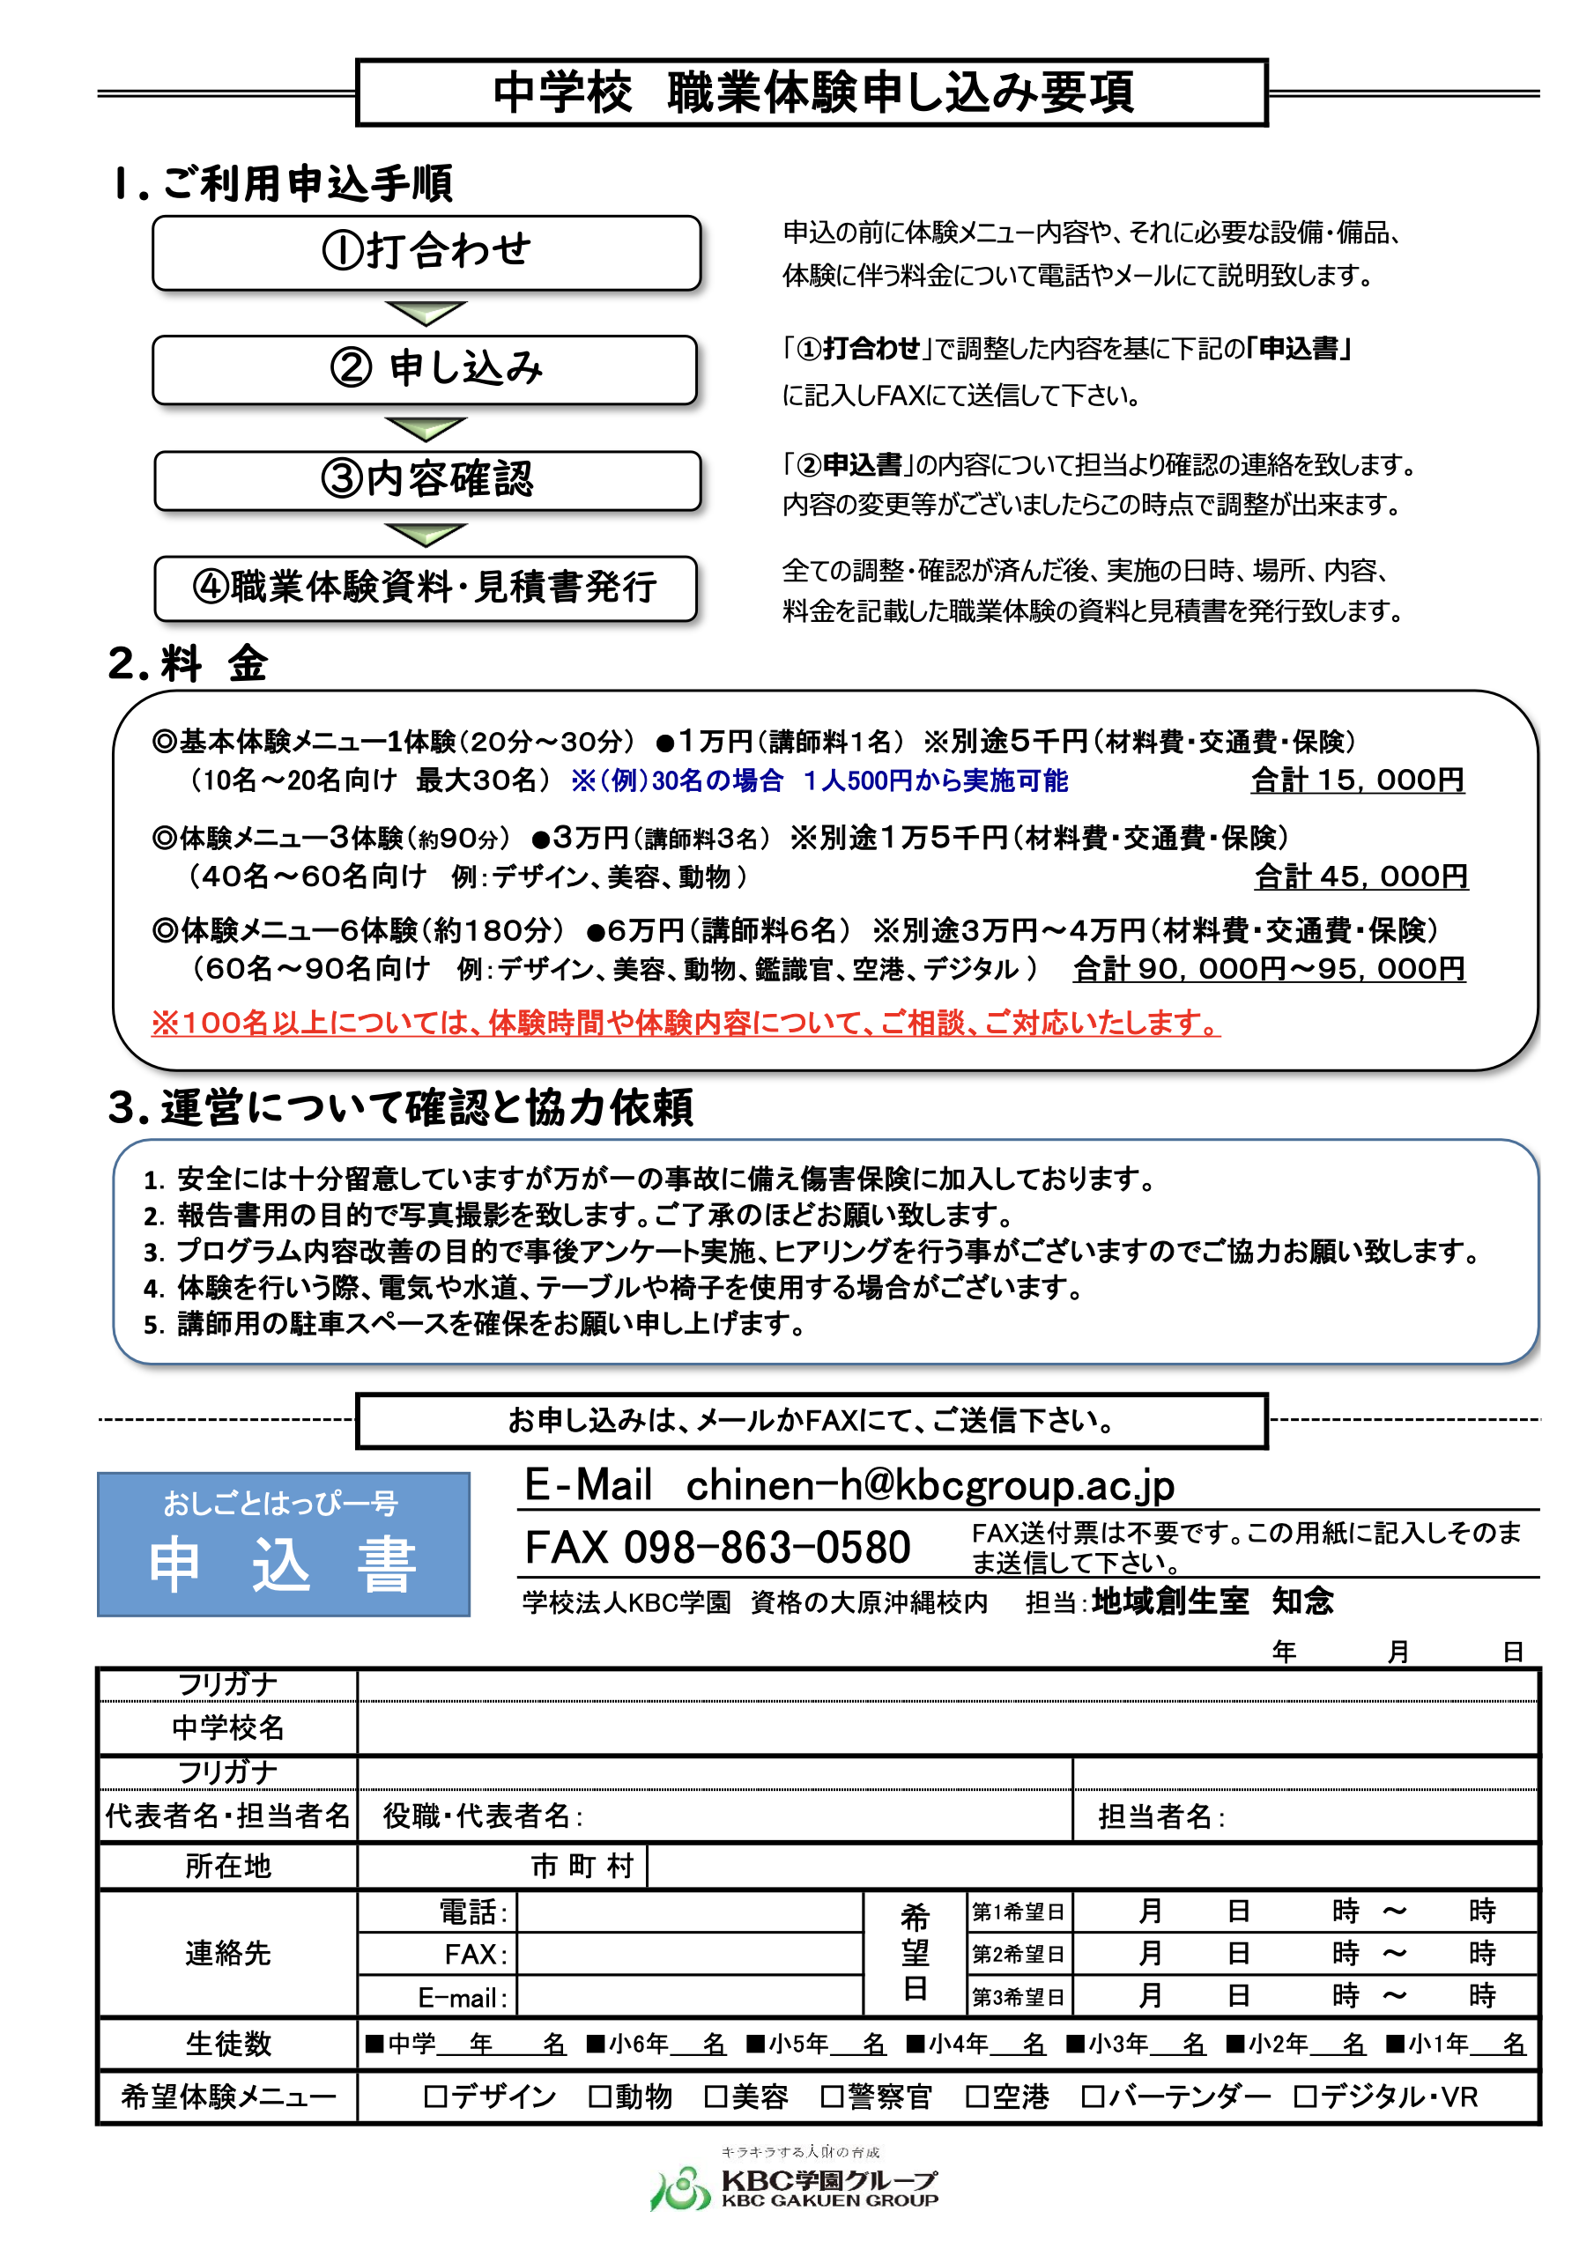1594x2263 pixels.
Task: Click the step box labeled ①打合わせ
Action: tap(426, 252)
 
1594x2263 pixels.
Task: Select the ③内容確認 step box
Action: tap(426, 480)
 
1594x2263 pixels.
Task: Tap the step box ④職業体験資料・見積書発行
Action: tap(425, 588)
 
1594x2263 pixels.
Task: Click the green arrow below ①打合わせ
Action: tap(425, 314)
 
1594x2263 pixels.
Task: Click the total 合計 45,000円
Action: tap(1360, 876)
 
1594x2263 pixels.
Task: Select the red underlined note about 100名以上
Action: tap(686, 1023)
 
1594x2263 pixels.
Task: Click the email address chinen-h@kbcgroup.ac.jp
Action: tap(929, 1485)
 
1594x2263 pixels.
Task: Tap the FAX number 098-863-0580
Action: tap(766, 1548)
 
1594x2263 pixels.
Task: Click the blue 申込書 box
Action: tap(283, 1544)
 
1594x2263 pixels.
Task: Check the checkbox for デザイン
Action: tap(434, 2097)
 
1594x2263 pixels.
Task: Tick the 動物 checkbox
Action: tap(598, 2097)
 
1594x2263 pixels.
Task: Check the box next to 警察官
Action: tap(832, 2097)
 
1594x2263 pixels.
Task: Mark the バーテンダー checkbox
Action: tap(1091, 2097)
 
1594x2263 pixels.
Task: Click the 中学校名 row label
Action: tap(227, 1727)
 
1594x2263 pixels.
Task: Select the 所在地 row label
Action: tap(227, 1866)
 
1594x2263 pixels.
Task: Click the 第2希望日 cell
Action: tap(1018, 1954)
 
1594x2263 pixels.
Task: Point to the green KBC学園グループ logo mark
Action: tap(679, 2189)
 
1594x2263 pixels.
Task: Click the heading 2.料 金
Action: tap(188, 663)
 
